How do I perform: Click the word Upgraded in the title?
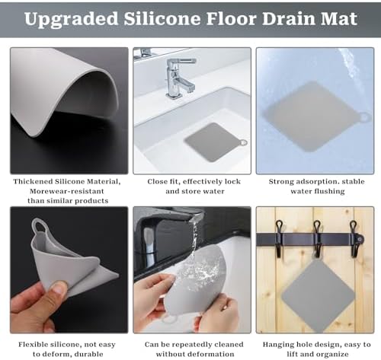point(72,19)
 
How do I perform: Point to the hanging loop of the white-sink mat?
point(243,142)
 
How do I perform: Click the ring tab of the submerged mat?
point(365,117)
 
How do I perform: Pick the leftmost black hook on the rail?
point(279,238)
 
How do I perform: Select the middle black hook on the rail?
point(317,238)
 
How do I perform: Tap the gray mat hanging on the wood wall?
point(319,295)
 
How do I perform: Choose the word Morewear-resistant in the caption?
point(67,191)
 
